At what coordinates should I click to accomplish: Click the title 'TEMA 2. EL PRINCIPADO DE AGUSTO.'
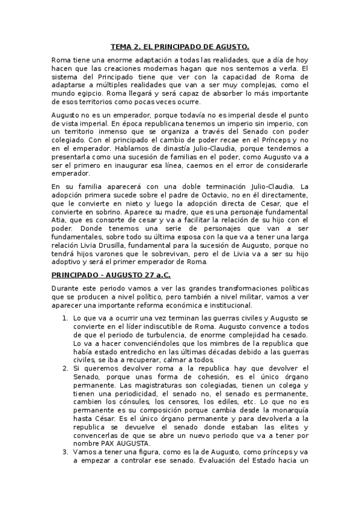tap(180, 46)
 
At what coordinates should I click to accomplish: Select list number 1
tap(66, 318)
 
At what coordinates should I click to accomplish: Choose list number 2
tap(66, 367)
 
